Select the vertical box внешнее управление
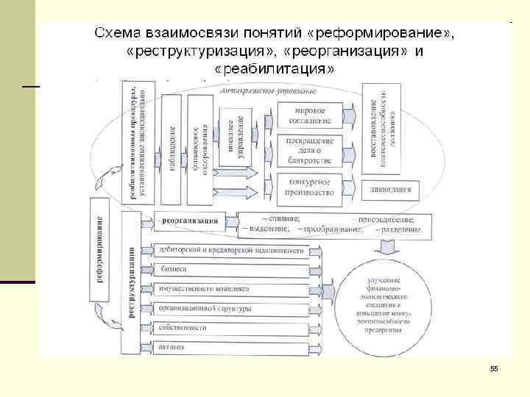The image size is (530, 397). pyautogui.click(x=236, y=136)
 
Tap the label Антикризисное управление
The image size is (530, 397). pyautogui.click(x=267, y=92)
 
